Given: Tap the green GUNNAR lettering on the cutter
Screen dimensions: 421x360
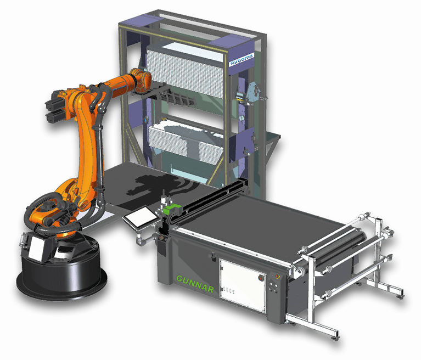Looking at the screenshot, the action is (x=195, y=283).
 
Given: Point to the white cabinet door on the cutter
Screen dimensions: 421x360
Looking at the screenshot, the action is (x=243, y=285).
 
